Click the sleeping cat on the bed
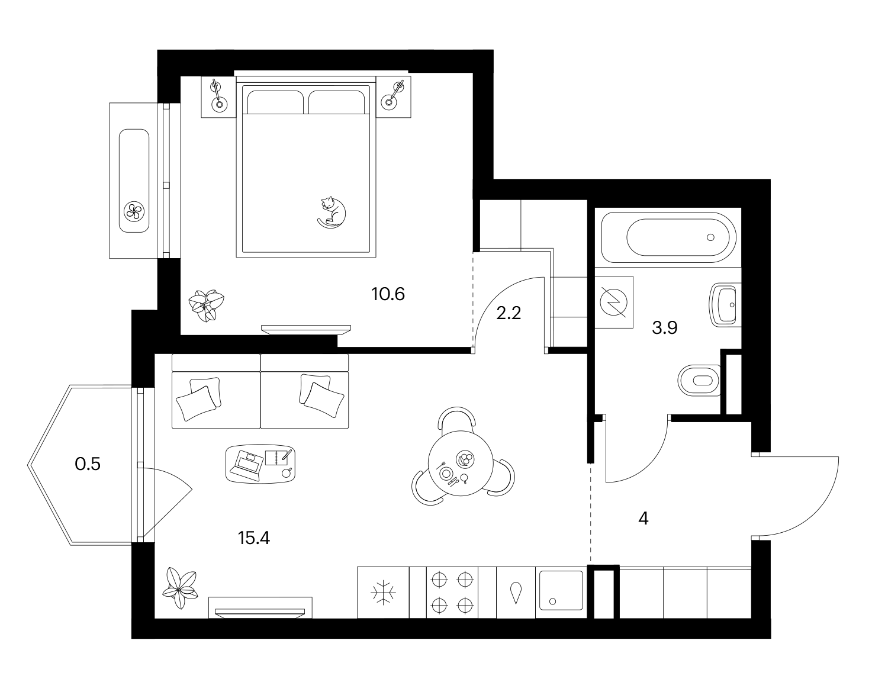[x=332, y=213]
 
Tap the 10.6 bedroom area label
[x=388, y=294]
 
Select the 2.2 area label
[x=509, y=313]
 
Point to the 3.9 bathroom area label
[x=665, y=327]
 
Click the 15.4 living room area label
[x=253, y=538]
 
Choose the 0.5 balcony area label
[x=88, y=464]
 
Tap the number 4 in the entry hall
[x=643, y=519]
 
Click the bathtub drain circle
[x=710, y=237]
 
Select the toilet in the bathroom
[x=699, y=380]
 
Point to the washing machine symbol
[x=614, y=302]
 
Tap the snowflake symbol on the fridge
[x=383, y=593]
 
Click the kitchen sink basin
[x=561, y=592]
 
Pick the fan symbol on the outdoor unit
[x=134, y=211]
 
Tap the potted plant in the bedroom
[x=207, y=305]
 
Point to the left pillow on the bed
[x=275, y=102]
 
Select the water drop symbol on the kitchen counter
[x=516, y=593]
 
